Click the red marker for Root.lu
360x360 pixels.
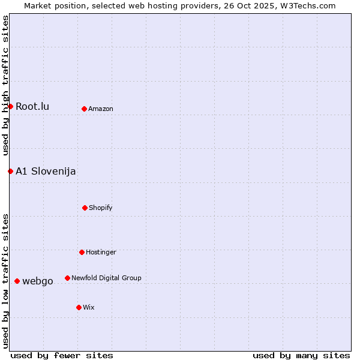click(10, 106)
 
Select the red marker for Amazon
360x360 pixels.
click(85, 109)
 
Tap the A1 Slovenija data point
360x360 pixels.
click(10, 171)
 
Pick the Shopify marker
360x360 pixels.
click(85, 208)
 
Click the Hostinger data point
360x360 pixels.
click(82, 252)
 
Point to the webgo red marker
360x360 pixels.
click(17, 281)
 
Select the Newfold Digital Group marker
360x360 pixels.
click(67, 278)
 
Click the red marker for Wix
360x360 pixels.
click(79, 307)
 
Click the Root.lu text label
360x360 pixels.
click(32, 107)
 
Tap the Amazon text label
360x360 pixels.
click(101, 109)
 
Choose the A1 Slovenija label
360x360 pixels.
click(46, 172)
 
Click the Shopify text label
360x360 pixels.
click(101, 208)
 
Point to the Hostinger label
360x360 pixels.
click(101, 253)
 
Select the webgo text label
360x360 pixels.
click(38, 281)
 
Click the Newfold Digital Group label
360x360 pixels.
click(106, 278)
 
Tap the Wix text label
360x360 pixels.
click(89, 308)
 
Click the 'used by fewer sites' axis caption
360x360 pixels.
click(62, 355)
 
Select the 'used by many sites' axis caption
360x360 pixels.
click(301, 355)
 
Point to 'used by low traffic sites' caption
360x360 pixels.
click(5, 281)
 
